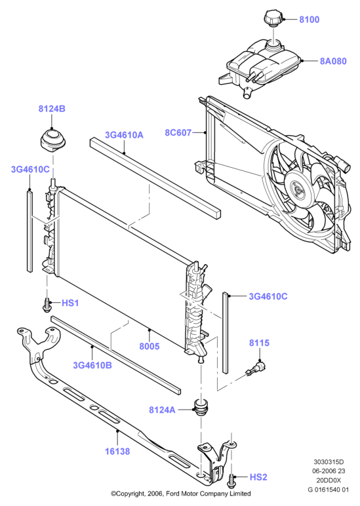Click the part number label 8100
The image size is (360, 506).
tap(309, 20)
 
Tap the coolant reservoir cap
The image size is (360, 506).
tap(273, 18)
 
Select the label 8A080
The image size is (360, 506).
tap(333, 61)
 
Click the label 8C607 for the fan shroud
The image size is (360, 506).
tap(178, 132)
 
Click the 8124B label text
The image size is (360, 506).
tap(52, 109)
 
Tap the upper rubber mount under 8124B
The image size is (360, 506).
tap(52, 141)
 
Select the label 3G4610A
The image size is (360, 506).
tap(124, 135)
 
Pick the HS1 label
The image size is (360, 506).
tap(70, 303)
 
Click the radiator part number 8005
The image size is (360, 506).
tap(150, 346)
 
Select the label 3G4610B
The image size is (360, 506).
tap(92, 365)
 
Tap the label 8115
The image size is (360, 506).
tap(259, 343)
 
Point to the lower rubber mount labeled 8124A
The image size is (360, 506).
tap(201, 408)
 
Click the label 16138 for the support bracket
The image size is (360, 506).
tap(117, 451)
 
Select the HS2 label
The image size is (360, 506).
tap(258, 477)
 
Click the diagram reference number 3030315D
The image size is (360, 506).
tap(329, 462)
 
